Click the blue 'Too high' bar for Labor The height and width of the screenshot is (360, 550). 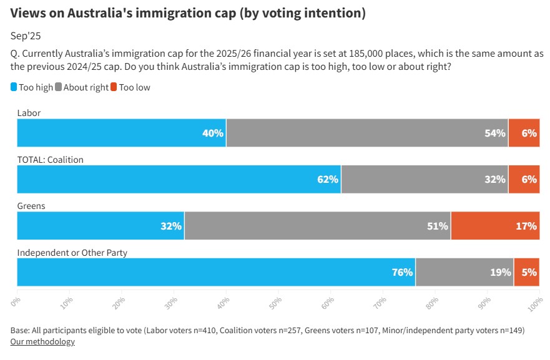click(x=122, y=134)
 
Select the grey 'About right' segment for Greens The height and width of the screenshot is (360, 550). click(x=317, y=226)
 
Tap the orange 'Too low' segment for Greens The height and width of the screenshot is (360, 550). click(x=495, y=226)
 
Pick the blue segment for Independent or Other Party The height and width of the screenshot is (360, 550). click(x=216, y=272)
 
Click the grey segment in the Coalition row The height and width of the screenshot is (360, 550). click(x=425, y=180)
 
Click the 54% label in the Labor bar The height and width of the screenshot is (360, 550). click(x=495, y=134)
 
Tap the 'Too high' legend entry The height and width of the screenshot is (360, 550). click(x=32, y=87)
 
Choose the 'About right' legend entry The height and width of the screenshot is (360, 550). click(x=82, y=87)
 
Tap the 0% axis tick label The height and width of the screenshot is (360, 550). click(x=17, y=300)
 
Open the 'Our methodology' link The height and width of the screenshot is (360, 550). click(x=42, y=341)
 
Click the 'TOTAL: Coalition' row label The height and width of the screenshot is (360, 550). click(x=50, y=160)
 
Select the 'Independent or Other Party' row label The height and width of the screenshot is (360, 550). click(x=72, y=252)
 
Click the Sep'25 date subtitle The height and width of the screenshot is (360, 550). click(x=24, y=36)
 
